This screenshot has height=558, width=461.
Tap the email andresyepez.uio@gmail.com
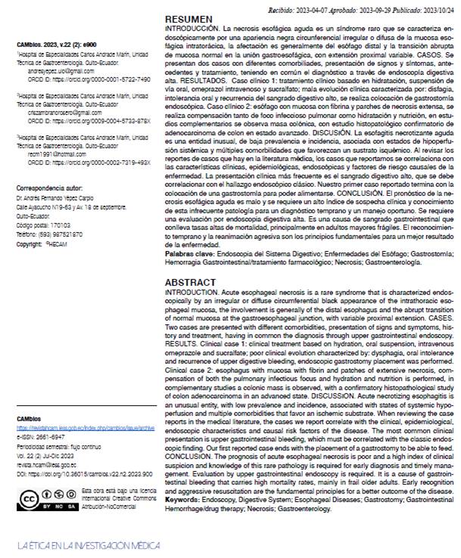click(x=55, y=70)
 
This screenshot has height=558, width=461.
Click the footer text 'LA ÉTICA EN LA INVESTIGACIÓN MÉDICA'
click(x=89, y=545)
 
